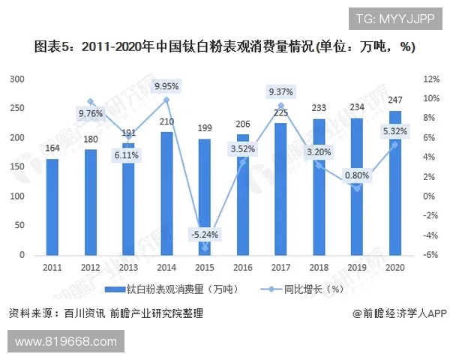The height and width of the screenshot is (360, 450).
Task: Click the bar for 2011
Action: pos(52,207)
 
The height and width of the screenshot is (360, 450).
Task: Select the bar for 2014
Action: pos(166,193)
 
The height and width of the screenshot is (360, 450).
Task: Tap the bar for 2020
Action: pos(395,183)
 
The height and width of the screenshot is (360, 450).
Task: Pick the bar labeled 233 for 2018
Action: pos(319,187)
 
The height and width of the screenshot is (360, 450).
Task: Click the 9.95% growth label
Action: pos(166,85)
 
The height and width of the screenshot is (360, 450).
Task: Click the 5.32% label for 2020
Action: pos(395,131)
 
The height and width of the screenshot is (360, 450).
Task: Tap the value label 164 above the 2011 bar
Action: pos(52,148)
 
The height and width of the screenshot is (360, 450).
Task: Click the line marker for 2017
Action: pos(280,106)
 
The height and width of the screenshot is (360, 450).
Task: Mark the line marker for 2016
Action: pos(242,162)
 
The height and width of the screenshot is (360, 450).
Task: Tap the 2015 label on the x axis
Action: pos(204,268)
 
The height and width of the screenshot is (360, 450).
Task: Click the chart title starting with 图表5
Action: pos(225,46)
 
